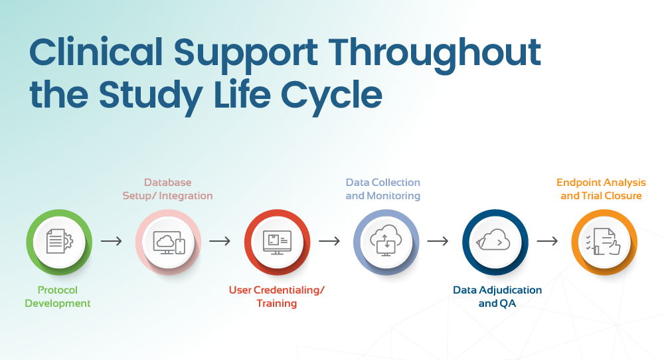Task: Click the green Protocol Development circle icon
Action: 59,241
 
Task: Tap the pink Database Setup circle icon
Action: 167,241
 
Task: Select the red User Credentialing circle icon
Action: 277,241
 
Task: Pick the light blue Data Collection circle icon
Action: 386,241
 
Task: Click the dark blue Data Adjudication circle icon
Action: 495,241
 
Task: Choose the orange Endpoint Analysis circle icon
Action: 604,241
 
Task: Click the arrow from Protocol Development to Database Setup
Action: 112,240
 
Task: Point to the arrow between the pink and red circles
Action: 220,240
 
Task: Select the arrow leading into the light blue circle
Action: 329,240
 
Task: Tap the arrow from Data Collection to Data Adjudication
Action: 438,240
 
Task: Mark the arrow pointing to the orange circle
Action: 547,240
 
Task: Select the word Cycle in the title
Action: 332,96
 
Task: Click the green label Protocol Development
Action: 58,297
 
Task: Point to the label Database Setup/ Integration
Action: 167,189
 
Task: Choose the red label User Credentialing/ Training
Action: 277,297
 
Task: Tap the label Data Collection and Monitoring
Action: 383,189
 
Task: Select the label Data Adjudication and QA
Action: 497,297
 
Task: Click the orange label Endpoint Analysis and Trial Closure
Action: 601,189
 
